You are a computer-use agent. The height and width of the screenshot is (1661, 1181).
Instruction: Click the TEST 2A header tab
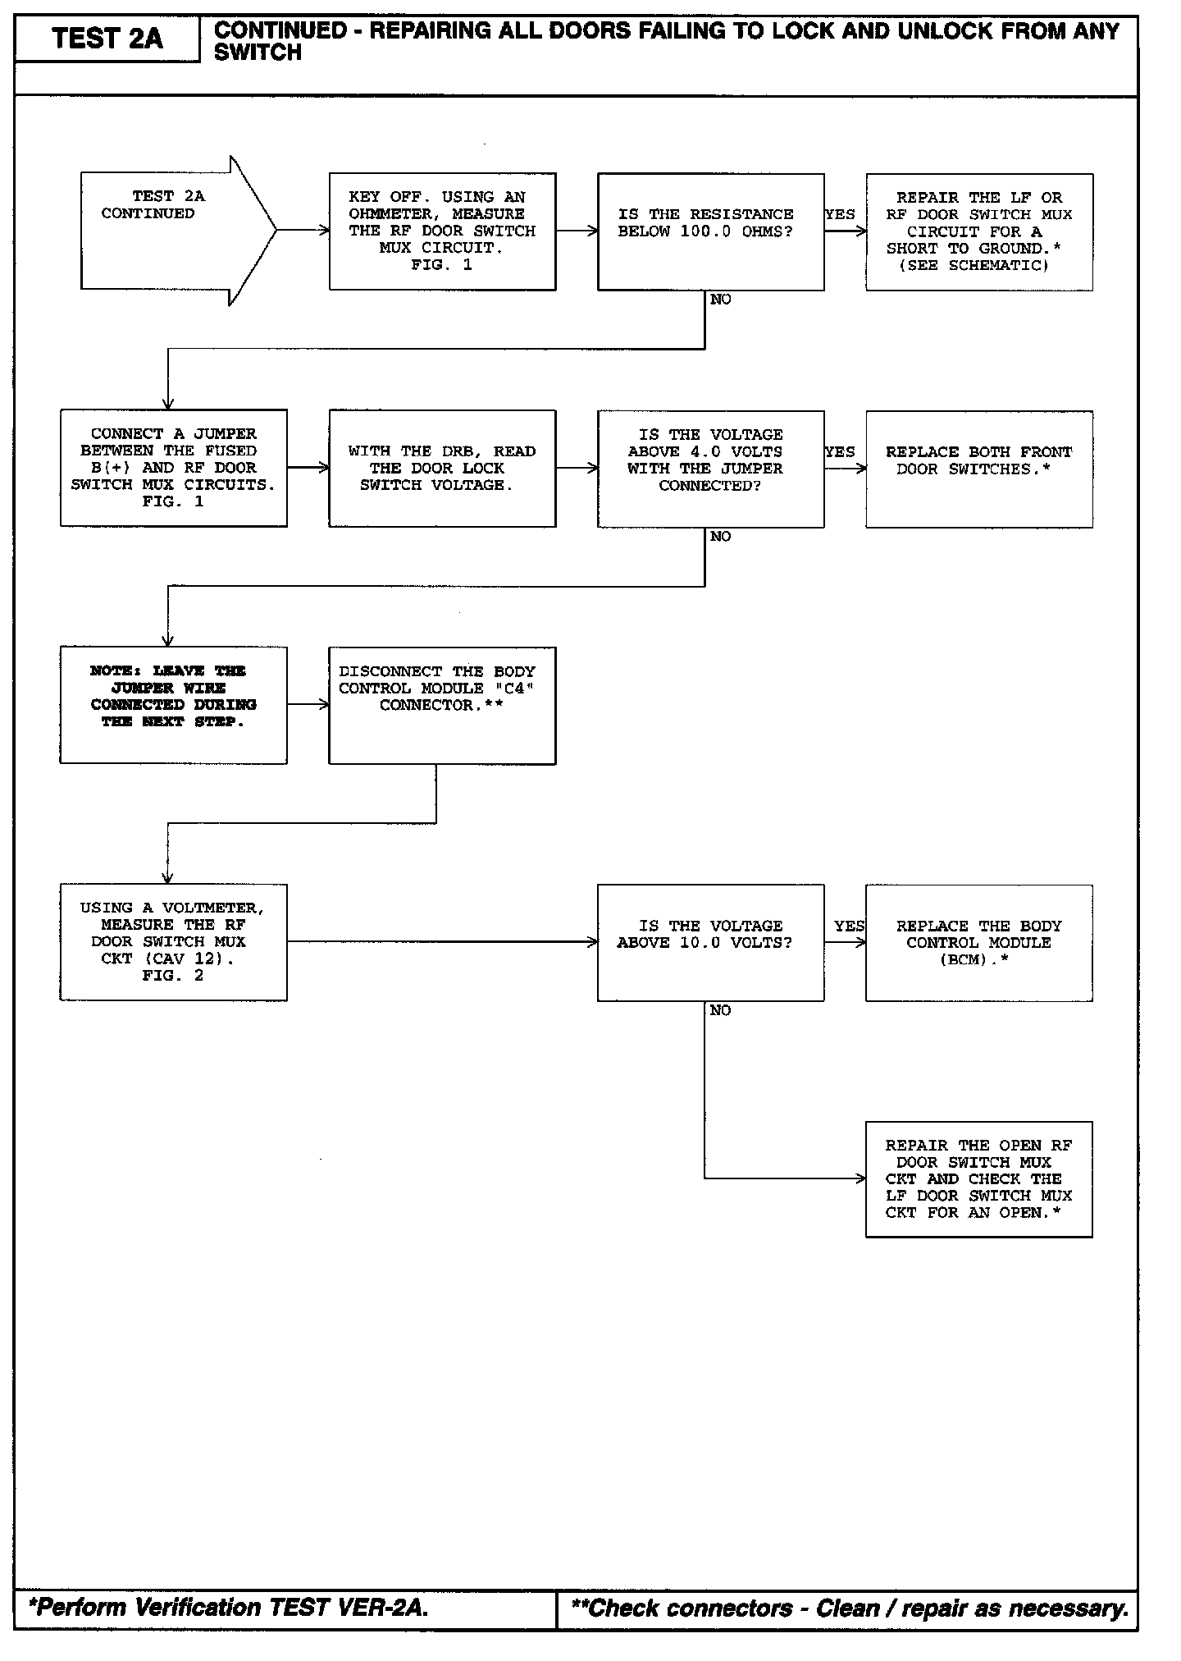107,39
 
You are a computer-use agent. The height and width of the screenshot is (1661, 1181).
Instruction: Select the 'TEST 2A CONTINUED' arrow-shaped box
164,231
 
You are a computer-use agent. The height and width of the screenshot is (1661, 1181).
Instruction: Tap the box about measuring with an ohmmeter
442,231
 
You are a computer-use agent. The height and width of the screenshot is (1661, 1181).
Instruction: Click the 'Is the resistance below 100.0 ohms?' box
710,231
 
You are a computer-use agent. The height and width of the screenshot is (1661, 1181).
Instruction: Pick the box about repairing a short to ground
978,231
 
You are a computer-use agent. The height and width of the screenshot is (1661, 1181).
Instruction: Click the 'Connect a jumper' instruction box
173,468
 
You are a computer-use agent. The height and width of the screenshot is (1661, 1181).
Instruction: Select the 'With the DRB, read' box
442,468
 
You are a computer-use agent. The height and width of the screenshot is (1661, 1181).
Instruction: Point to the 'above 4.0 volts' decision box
710,468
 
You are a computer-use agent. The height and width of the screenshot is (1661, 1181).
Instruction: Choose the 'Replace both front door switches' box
978,468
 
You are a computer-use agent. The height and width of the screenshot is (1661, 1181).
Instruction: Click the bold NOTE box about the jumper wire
173,705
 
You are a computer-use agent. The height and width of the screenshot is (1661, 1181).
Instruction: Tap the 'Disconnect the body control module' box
442,705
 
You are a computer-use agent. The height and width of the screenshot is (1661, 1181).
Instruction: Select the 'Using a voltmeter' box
173,941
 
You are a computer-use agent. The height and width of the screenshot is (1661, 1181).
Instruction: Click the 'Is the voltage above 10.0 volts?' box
710,942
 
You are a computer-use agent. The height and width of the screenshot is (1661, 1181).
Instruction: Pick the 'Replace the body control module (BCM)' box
978,942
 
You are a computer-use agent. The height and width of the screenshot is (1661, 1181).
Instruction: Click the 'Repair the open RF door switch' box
978,1178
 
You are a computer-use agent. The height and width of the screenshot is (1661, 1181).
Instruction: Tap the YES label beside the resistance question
840,214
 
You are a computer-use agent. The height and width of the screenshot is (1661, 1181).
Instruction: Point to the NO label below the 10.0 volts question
720,1010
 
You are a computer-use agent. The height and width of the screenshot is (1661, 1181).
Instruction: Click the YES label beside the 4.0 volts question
840,451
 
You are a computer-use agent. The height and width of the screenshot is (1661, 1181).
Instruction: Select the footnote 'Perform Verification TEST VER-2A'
229,1607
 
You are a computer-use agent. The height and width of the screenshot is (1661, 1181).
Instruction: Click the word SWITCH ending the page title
258,53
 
